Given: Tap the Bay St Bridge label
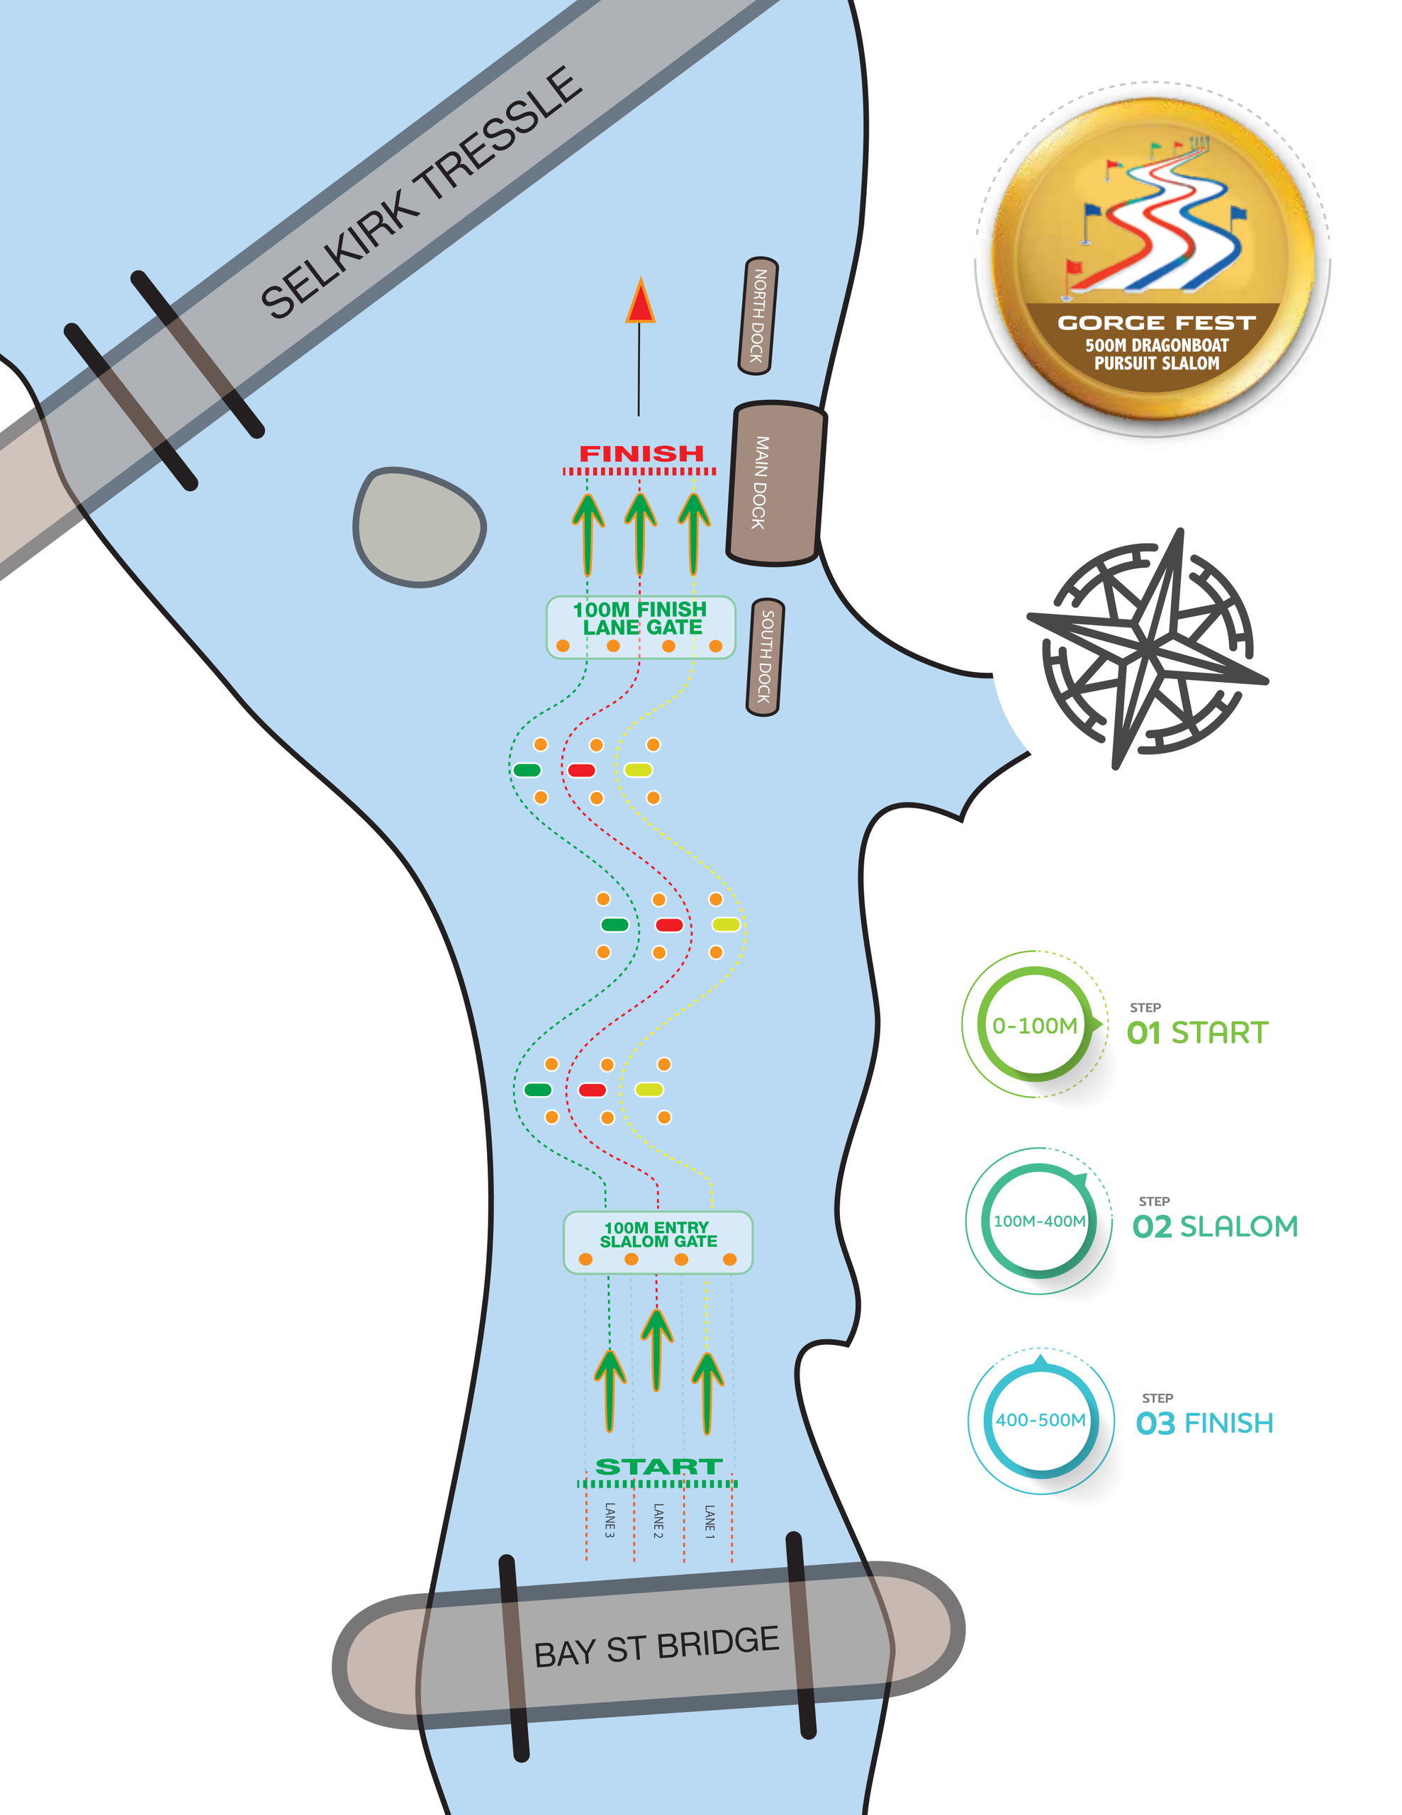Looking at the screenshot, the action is pyautogui.click(x=656, y=1646).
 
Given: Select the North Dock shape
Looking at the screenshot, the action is pyautogui.click(x=758, y=315).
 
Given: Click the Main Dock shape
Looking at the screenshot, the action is pyautogui.click(x=776, y=483).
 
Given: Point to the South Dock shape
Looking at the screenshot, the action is pyautogui.click(x=765, y=657).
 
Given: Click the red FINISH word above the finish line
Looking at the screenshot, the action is pyautogui.click(x=641, y=454).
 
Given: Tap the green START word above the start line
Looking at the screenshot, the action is pyautogui.click(x=658, y=1467).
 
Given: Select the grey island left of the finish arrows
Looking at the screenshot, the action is pyautogui.click(x=420, y=527).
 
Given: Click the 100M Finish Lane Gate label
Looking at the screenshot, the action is pyautogui.click(x=641, y=618).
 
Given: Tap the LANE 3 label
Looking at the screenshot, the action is pyautogui.click(x=609, y=1520).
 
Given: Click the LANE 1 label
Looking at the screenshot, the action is pyautogui.click(x=709, y=1521).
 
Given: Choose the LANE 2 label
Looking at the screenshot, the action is pyautogui.click(x=658, y=1521).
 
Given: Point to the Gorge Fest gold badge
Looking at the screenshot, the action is pyautogui.click(x=1153, y=259).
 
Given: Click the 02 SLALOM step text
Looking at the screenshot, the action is pyautogui.click(x=1215, y=1227).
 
